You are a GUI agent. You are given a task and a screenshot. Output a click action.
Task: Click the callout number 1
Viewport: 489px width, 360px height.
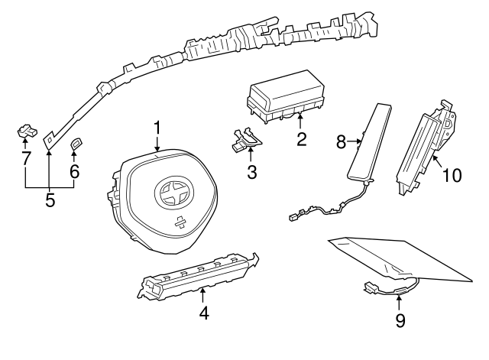tap(157, 128)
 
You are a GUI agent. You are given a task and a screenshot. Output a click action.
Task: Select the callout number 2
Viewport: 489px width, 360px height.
tap(302, 139)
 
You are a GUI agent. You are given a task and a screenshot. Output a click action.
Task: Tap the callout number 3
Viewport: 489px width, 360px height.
tap(252, 172)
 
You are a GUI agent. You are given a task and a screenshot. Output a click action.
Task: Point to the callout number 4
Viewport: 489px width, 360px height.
tap(204, 313)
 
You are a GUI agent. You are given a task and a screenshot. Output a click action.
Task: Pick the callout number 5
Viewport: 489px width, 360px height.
tap(50, 200)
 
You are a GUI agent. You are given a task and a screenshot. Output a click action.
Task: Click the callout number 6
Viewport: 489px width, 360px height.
tap(74, 171)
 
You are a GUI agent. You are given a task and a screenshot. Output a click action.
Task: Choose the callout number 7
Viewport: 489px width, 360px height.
tap(26, 157)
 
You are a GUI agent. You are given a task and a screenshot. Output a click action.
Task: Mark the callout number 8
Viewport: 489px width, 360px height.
tap(342, 142)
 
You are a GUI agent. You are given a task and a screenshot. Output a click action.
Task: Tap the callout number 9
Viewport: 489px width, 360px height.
tap(400, 320)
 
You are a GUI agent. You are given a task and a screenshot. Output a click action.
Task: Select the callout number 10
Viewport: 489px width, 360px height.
tap(452, 175)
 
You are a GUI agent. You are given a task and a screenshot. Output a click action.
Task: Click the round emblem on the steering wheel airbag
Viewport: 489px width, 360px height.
tap(174, 193)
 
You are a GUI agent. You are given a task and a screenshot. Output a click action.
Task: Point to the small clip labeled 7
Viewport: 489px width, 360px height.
tap(28, 131)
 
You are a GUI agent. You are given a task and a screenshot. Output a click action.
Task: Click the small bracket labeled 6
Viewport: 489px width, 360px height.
tap(76, 144)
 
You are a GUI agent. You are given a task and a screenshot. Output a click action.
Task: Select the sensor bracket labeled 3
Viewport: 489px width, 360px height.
tap(247, 140)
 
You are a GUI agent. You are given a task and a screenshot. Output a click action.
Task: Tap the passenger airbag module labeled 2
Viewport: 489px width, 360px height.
tap(286, 97)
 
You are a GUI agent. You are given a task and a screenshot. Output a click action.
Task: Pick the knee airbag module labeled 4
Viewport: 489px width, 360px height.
tap(198, 274)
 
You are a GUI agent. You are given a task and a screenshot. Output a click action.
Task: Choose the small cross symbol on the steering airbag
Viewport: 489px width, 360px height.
tap(180, 222)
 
